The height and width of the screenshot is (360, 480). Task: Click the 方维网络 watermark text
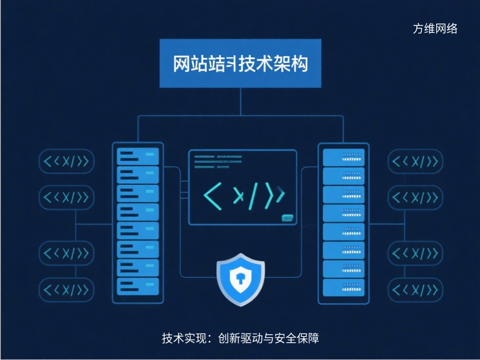click(x=435, y=29)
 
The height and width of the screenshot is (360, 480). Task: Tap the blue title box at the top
click(x=240, y=63)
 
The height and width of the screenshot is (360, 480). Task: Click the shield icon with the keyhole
click(x=240, y=279)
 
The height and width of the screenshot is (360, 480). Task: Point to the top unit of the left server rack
click(x=138, y=156)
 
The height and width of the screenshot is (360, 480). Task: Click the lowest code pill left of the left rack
click(x=66, y=290)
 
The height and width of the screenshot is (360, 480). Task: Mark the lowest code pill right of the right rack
click(x=415, y=290)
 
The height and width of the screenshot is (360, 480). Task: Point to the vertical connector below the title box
click(x=240, y=101)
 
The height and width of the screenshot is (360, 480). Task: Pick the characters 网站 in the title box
click(x=190, y=64)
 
